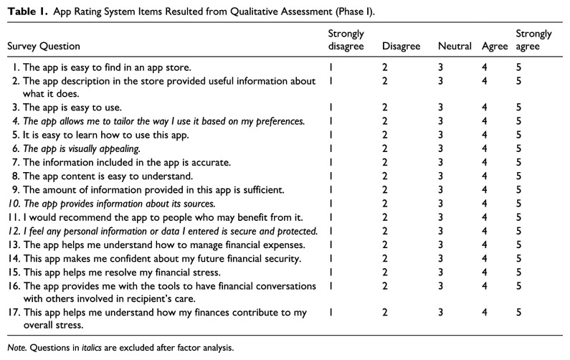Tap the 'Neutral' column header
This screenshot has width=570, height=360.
coord(452,47)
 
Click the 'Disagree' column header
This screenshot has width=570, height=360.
coord(401,47)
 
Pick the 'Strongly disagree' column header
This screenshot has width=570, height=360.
coord(347,40)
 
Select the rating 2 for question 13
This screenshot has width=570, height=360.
coord(385,245)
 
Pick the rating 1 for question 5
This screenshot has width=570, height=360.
coord(331,135)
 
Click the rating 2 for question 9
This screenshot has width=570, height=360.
coord(385,190)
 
